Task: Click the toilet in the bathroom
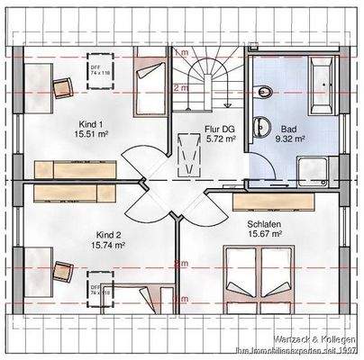[262, 91]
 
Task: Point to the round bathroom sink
[262, 126]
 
